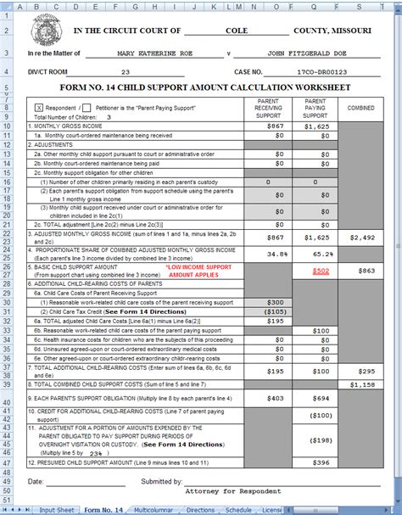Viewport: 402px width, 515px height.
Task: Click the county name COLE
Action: pyautogui.click(x=236, y=30)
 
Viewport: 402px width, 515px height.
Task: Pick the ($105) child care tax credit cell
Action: pyautogui.click(x=273, y=311)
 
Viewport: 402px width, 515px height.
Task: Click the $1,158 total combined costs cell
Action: pyautogui.click(x=360, y=384)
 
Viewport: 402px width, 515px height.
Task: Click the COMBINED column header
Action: pyautogui.click(x=360, y=108)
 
